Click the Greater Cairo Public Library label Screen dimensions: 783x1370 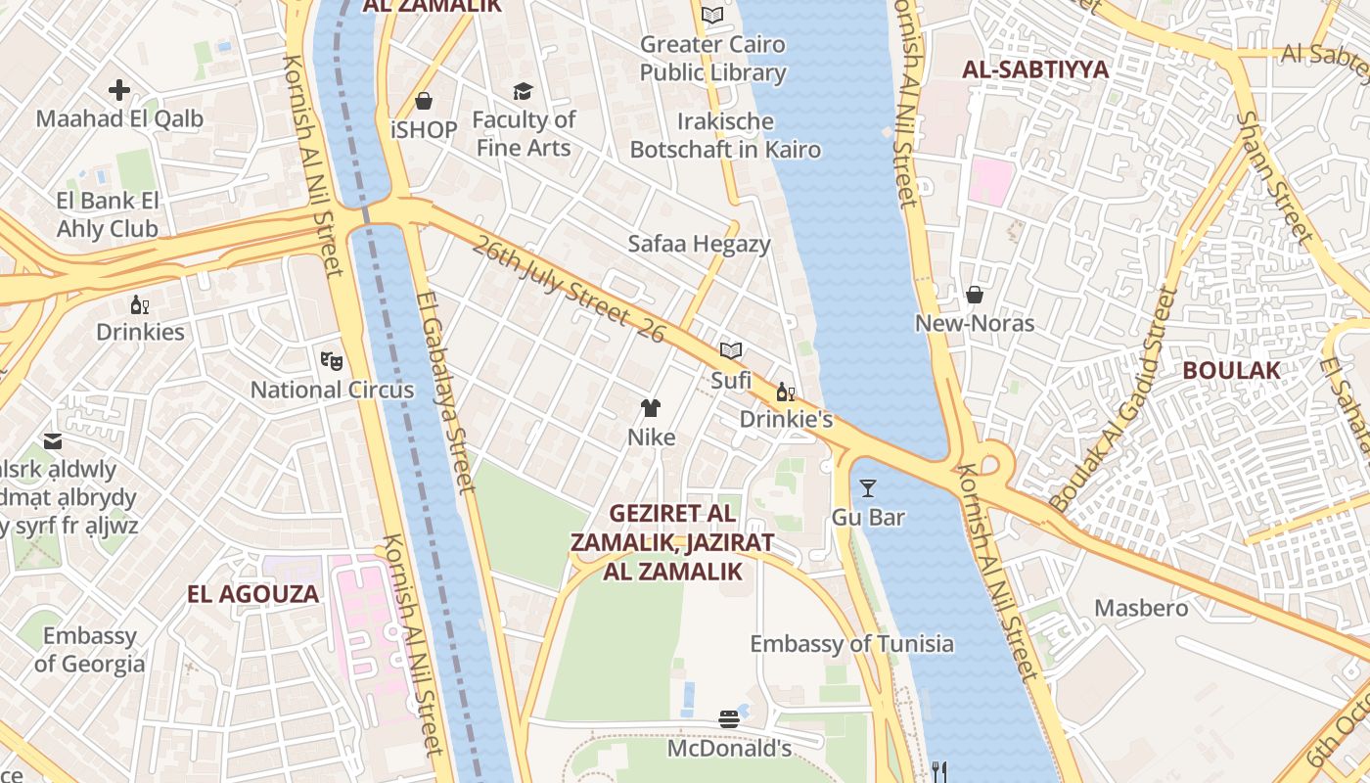pyautogui.click(x=712, y=59)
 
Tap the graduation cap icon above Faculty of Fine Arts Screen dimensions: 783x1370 pyautogui.click(x=523, y=91)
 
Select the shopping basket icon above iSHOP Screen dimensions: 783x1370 pyautogui.click(x=424, y=101)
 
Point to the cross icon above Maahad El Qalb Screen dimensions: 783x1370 pyautogui.click(x=119, y=91)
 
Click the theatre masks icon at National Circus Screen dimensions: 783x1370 pyautogui.click(x=332, y=361)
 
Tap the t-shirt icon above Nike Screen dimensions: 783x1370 pyautogui.click(x=651, y=408)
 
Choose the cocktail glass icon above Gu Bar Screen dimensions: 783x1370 pyautogui.click(x=867, y=487)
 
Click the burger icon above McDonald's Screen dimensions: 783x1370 pyautogui.click(x=728, y=719)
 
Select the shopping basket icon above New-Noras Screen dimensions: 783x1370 pyautogui.click(x=974, y=295)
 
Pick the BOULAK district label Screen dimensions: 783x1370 pyautogui.click(x=1231, y=371)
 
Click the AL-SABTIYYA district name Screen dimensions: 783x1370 pyautogui.click(x=1035, y=69)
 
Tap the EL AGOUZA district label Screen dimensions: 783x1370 pyautogui.click(x=253, y=594)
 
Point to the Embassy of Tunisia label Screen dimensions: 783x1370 pyautogui.click(x=851, y=644)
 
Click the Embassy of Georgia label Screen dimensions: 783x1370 pyautogui.click(x=90, y=650)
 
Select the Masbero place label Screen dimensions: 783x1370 pyautogui.click(x=1141, y=608)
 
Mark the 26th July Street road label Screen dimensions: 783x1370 pyautogui.click(x=567, y=289)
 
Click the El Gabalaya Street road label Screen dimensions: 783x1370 pyautogui.click(x=444, y=391)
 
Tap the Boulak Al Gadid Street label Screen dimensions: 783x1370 pyautogui.click(x=1114, y=399)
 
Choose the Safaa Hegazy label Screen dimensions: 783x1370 pyautogui.click(x=699, y=244)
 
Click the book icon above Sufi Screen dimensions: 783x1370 pyautogui.click(x=730, y=350)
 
